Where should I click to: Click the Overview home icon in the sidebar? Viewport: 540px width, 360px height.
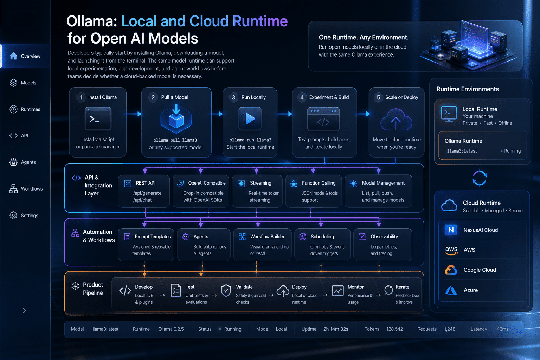pyautogui.click(x=13, y=56)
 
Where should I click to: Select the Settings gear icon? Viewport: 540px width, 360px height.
pyautogui.click(x=13, y=215)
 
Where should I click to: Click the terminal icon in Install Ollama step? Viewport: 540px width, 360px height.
pyautogui.click(x=98, y=118)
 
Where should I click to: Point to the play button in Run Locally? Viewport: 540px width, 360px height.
pyautogui.click(x=250, y=118)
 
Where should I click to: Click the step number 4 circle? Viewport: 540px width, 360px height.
pyautogui.click(x=302, y=97)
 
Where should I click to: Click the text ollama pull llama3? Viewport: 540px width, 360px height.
pyautogui.click(x=175, y=140)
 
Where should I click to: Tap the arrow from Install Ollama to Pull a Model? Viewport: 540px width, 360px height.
pyautogui.click(x=133, y=114)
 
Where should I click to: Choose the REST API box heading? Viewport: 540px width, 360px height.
pyautogui.click(x=145, y=183)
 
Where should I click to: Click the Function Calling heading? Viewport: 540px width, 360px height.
pyautogui.click(x=319, y=183)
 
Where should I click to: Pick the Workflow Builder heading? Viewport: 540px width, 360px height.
pyautogui.click(x=267, y=237)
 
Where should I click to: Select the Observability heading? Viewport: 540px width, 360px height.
pyautogui.click(x=384, y=237)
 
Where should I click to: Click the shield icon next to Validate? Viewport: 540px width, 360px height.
pyautogui.click(x=226, y=290)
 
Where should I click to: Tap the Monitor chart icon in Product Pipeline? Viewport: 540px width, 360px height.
pyautogui.click(x=338, y=290)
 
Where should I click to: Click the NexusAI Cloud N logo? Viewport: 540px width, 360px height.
pyautogui.click(x=451, y=230)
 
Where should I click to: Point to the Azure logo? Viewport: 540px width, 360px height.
pyautogui.click(x=451, y=290)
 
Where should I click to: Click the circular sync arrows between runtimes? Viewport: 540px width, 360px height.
pyautogui.click(x=480, y=178)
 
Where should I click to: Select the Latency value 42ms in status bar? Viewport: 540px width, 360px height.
pyautogui.click(x=502, y=329)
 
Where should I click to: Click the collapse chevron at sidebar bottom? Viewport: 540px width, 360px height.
pyautogui.click(x=24, y=310)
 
